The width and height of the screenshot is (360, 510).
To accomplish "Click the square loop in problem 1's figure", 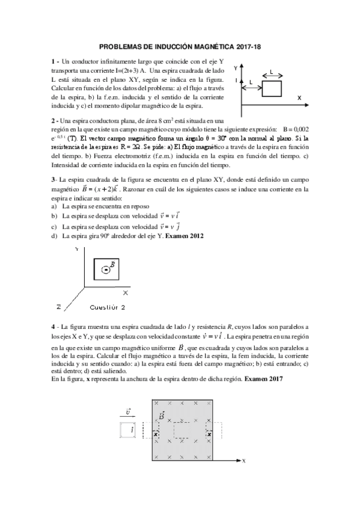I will pyautogui.click(x=272, y=89).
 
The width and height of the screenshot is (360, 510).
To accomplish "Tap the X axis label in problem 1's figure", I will pyautogui.click(x=299, y=97).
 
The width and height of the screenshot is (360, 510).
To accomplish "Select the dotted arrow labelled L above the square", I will pyautogui.click(x=272, y=76).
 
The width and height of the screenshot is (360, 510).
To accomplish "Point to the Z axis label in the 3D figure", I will pyautogui.click(x=58, y=307).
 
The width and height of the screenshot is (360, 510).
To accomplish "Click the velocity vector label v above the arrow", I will pyautogui.click(x=129, y=410).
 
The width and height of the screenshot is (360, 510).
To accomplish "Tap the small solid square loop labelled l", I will pyautogui.click(x=127, y=430).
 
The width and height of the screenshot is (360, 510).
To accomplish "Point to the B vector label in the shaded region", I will pyautogui.click(x=161, y=416).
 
